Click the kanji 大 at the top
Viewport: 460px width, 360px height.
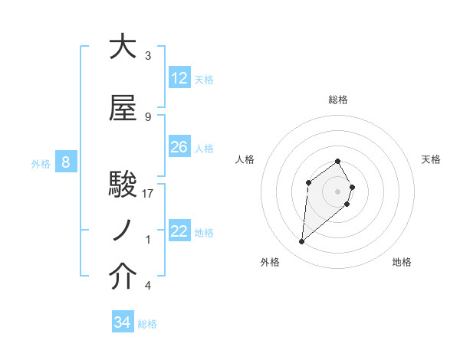pos(123,47)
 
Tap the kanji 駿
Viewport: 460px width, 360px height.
pos(123,185)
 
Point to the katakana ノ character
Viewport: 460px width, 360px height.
pos(123,231)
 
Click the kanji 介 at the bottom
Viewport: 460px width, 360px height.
pos(123,277)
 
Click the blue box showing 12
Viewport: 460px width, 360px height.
pos(179,78)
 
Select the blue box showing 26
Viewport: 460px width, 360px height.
pos(179,147)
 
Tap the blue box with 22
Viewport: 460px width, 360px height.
pos(179,231)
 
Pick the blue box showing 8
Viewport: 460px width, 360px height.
pos(66,162)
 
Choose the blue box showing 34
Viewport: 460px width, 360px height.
pos(123,322)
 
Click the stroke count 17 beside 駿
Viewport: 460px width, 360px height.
pos(148,194)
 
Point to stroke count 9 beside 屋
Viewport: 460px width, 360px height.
pos(148,117)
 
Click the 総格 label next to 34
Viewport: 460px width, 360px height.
pos(147,324)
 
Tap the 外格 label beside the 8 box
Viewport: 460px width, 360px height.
pos(40,163)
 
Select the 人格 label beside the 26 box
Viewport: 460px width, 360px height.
pos(204,148)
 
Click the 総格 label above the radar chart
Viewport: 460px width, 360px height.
pos(338,100)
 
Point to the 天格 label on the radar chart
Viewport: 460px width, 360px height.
pos(431,159)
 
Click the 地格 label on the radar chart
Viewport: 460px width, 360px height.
pos(402,262)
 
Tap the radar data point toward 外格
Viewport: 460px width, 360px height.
pos(302,242)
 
